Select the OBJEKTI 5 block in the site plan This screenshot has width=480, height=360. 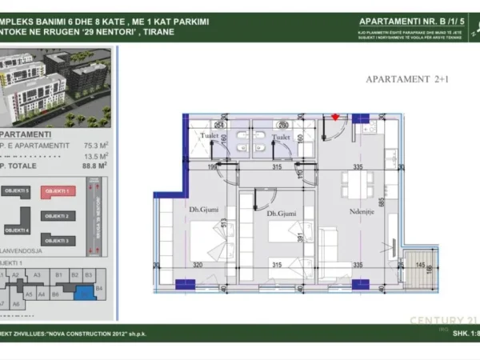coord(17,192)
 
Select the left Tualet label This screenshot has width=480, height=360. coord(210,137)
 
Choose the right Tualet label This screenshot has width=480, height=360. coord(280,137)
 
